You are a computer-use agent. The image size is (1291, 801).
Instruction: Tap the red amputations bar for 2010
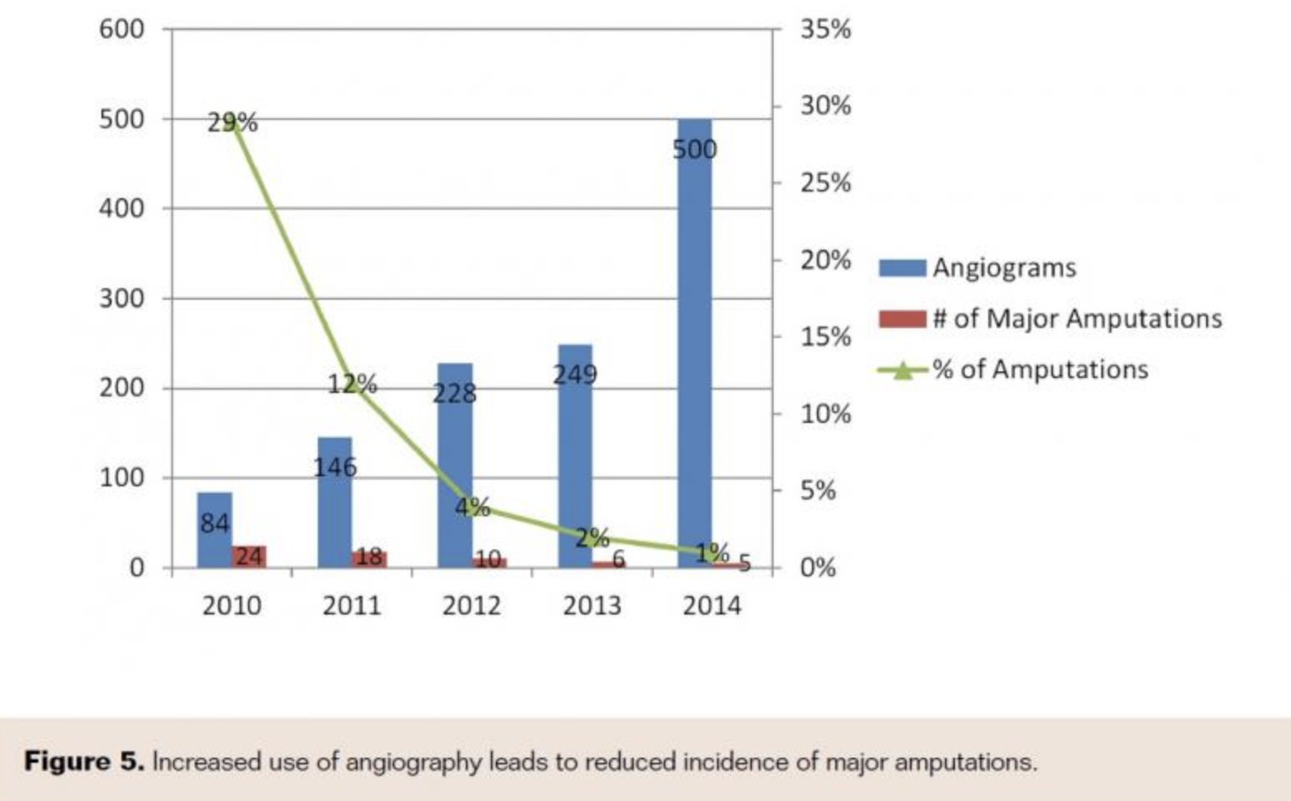[x=249, y=556]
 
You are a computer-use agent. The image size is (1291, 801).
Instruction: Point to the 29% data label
[x=232, y=123]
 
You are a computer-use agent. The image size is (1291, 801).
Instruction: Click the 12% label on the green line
[x=352, y=384]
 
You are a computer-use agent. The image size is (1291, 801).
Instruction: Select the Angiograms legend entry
[x=1003, y=268]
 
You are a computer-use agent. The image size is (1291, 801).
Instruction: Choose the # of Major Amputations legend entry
[x=1076, y=319]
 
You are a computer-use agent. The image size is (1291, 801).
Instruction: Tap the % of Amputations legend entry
[x=1040, y=370]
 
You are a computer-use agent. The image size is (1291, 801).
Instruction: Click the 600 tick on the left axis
[x=121, y=29]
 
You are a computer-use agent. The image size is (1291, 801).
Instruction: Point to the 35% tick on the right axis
[x=825, y=29]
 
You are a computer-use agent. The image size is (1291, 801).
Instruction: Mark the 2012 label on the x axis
[x=472, y=605]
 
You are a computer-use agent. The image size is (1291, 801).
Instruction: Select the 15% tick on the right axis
[x=825, y=336]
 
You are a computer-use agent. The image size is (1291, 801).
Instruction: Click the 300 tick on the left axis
[x=121, y=298]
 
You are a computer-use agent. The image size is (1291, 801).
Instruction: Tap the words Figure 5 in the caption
[x=84, y=761]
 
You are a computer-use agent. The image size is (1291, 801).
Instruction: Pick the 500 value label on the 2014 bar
[x=695, y=150]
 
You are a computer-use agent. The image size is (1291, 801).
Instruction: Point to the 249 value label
[x=575, y=375]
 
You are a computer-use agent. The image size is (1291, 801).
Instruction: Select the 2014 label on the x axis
[x=711, y=605]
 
